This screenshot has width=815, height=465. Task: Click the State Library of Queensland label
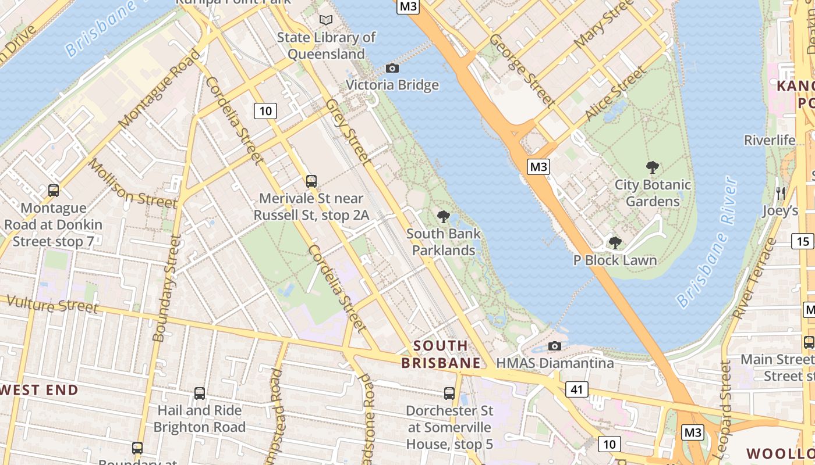pos(326,46)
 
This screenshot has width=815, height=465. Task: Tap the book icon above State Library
pos(326,20)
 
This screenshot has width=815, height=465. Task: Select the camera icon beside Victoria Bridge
pos(392,68)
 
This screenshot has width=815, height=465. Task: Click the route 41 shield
pos(576,389)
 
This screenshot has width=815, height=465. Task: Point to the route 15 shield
pos(803,241)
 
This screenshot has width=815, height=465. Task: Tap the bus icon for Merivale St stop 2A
pos(311,181)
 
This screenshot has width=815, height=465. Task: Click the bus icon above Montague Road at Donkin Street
pos(54,190)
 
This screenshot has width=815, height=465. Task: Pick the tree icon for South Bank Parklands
pos(444,217)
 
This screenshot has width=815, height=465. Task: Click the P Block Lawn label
pos(615,260)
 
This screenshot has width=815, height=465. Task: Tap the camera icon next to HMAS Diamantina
pos(555,346)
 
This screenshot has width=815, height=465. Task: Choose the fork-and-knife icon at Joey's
pos(781,193)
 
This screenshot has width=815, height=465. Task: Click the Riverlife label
pos(770,140)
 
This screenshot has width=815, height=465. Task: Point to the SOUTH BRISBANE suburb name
pos(441,355)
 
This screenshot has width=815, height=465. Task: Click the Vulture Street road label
pos(53,304)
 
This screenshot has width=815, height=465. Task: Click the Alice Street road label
pos(616,93)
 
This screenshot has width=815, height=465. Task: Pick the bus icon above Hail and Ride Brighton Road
pos(200,394)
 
